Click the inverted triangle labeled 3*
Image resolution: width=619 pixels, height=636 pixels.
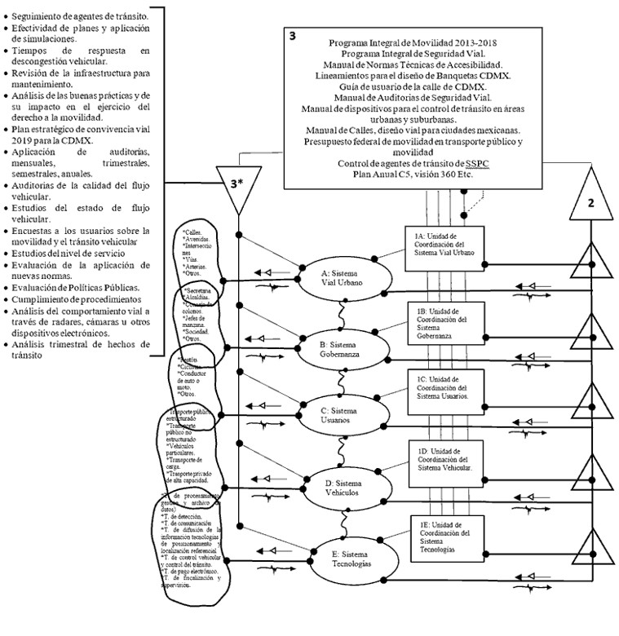click(235, 186)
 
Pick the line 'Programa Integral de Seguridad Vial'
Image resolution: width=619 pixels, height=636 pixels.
click(413, 53)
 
